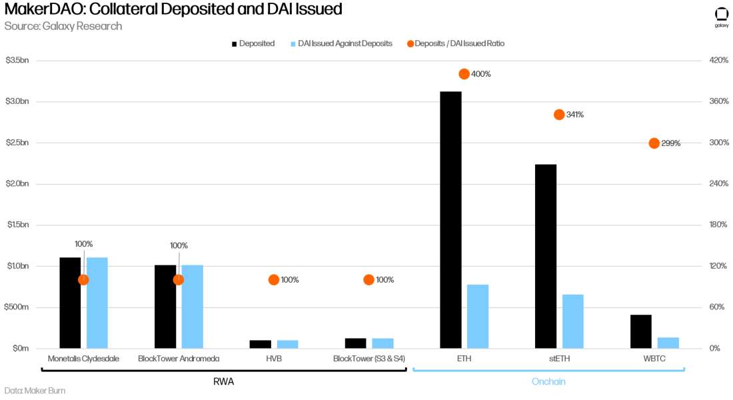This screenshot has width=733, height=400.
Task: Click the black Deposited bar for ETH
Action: pos(450,220)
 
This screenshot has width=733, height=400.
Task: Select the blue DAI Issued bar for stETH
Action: pos(572,321)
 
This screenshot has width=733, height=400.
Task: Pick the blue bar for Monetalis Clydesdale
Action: pos(97,303)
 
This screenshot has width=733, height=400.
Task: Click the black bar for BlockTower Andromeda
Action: pos(165,307)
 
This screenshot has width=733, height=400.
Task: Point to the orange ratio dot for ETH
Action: pos(464,74)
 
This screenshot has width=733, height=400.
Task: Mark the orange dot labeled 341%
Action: pos(559,115)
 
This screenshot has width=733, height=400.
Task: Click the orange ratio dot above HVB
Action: pos(273,280)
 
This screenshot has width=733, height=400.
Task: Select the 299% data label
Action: pos(670,143)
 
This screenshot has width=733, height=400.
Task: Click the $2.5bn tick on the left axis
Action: pos(18,143)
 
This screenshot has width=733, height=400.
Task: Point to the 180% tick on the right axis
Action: pos(719,225)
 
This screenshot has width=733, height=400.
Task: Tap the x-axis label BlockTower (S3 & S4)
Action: pos(368,359)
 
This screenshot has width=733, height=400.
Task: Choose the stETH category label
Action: pos(559,359)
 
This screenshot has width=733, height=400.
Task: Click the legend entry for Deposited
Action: pos(253,43)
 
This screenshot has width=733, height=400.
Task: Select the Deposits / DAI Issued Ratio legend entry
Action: pos(459,43)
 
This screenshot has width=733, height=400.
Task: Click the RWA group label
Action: pos(223,382)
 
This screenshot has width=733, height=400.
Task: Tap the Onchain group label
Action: pos(548,382)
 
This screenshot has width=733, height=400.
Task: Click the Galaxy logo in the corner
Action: pos(721,17)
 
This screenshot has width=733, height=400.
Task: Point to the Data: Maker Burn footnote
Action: pos(35,391)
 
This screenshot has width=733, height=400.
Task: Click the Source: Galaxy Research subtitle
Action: pos(63,26)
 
